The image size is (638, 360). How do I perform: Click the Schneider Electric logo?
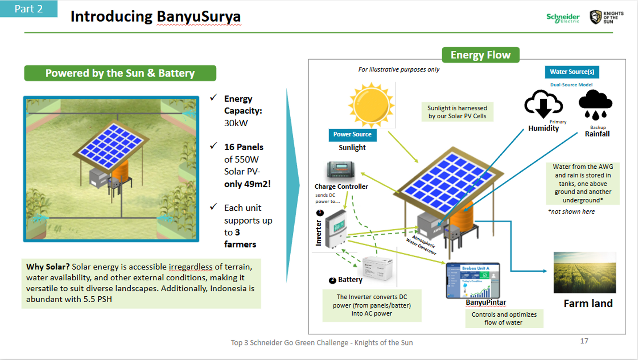pos(563,18)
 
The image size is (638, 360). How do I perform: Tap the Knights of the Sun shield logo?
pos(595,17)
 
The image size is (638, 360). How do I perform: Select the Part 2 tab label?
pos(29,9)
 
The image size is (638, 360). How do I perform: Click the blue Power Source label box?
pos(352,135)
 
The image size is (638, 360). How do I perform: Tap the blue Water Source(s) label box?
pos(572,72)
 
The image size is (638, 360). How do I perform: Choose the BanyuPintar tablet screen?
pos(473,280)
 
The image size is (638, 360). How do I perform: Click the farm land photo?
pos(584,272)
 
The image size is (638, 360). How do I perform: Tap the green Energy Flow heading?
pos(480,55)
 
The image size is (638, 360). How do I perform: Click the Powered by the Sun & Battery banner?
pos(120,73)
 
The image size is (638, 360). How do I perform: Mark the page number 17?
pos(584,341)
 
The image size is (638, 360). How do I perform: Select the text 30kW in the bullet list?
pos(236,123)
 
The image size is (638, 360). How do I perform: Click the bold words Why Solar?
pos(48,267)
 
